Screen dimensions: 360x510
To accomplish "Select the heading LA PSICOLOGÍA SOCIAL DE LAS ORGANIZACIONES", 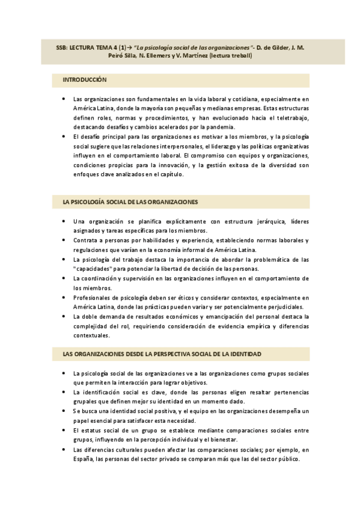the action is [x=130, y=202].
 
